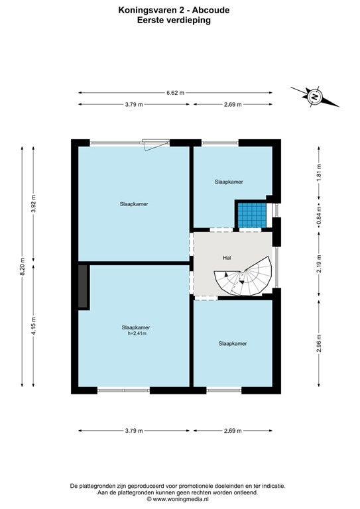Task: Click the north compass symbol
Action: click(314, 96)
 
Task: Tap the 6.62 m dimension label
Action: click(175, 93)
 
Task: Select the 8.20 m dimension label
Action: click(22, 266)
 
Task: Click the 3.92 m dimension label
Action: click(33, 204)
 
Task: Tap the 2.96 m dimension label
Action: click(319, 343)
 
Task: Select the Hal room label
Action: click(227, 258)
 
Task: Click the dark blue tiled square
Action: click(252, 215)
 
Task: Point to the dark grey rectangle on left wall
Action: click(83, 286)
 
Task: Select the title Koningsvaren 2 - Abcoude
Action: click(174, 11)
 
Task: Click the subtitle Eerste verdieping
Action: click(174, 20)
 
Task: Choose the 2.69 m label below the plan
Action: click(233, 431)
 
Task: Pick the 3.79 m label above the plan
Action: click(134, 105)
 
